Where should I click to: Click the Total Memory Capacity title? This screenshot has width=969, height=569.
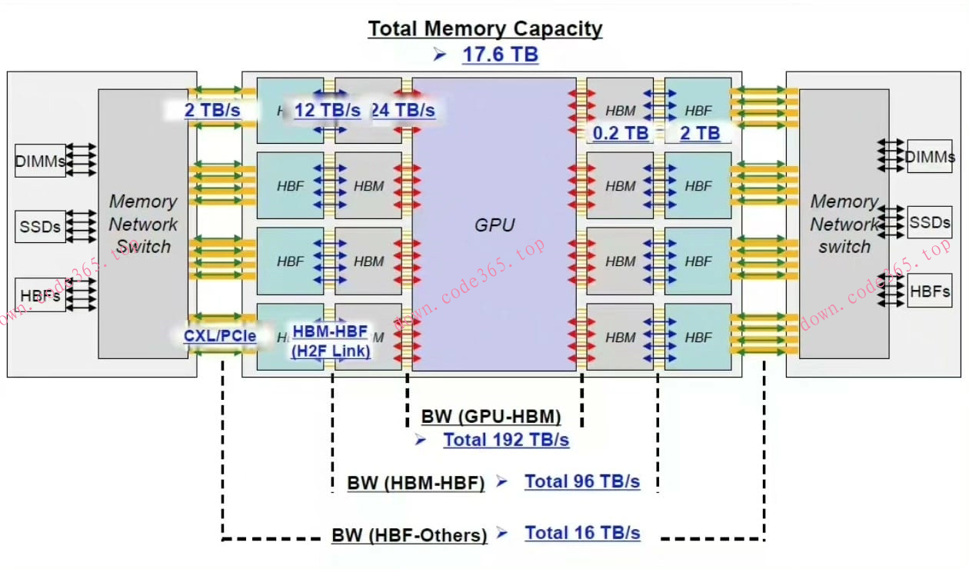click(484, 29)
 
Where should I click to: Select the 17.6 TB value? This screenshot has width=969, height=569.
click(500, 55)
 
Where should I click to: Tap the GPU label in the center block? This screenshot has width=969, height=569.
click(494, 225)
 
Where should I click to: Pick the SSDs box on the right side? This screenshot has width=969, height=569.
click(929, 222)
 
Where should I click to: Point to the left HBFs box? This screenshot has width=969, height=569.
click(41, 295)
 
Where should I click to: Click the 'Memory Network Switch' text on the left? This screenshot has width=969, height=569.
click(143, 224)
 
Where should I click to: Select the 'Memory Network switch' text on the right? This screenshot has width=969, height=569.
click(844, 224)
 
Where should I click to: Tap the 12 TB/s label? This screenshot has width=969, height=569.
click(327, 110)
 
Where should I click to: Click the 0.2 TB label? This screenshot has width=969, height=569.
click(621, 133)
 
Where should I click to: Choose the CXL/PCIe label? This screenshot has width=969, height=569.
click(219, 336)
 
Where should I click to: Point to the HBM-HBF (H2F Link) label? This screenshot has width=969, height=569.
click(330, 341)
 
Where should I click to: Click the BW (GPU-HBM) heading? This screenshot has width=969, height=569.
click(491, 417)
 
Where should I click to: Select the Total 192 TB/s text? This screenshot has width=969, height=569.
click(506, 440)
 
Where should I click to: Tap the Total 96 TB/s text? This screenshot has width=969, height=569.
click(582, 482)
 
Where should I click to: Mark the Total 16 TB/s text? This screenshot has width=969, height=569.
click(582, 533)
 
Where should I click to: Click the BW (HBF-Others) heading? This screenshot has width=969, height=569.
click(409, 535)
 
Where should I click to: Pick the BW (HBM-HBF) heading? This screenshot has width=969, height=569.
click(415, 484)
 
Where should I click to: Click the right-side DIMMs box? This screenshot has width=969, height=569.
click(929, 157)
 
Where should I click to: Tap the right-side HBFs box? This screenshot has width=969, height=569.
click(929, 291)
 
